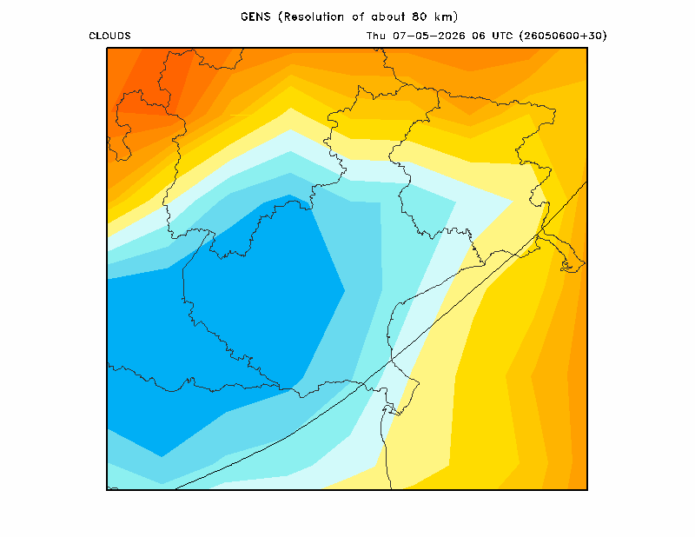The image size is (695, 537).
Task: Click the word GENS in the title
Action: pos(255,17)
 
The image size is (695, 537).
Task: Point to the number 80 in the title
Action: pos(419,17)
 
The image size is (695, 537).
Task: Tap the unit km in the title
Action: pos(444,17)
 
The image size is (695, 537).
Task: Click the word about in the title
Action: pos(387,17)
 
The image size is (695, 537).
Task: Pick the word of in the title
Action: pos(358,17)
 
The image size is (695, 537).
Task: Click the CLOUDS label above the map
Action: pos(109,36)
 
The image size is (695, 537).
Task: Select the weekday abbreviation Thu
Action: pos(376,36)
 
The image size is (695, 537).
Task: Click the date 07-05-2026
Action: pos(428,36)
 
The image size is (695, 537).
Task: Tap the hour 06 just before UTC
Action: pos(479,36)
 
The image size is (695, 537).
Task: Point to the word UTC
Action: pos(502,36)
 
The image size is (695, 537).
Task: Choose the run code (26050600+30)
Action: pos(563,36)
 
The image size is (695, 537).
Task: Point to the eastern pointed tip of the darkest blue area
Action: pos(344,291)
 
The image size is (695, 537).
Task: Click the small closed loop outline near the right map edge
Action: pos(567,266)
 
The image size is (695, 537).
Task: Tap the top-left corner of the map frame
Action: pos(107,48)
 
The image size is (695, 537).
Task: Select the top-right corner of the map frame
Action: pos(587,48)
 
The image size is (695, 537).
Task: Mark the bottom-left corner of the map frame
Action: pos(107,490)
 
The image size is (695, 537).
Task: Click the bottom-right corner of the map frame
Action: pos(587,490)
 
